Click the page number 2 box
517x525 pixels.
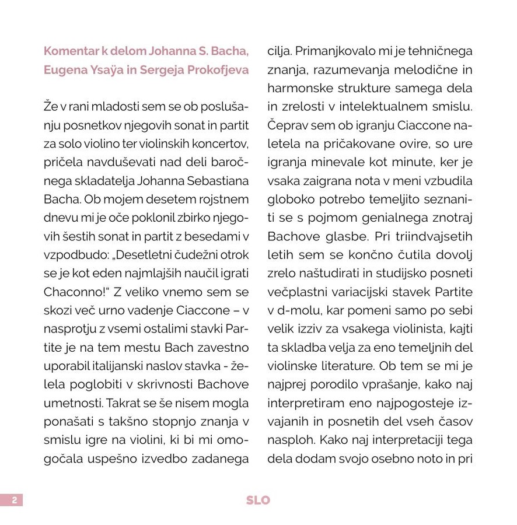tap(12, 500)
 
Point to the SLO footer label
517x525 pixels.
tap(258, 500)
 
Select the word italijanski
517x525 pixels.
tap(114, 366)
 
